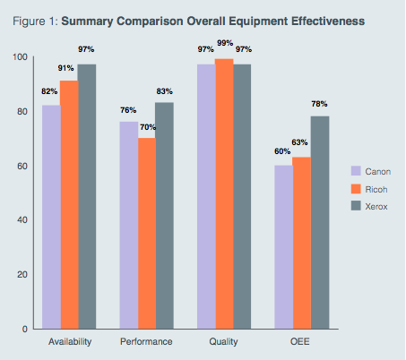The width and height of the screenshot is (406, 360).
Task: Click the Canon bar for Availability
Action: click(x=51, y=218)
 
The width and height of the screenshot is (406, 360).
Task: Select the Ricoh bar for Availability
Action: click(x=69, y=205)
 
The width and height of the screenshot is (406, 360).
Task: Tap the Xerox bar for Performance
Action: click(x=164, y=216)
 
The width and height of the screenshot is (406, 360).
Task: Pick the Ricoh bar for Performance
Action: click(x=146, y=234)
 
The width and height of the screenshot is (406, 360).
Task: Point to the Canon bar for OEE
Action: click(x=283, y=247)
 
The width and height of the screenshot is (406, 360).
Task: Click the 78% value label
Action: click(x=319, y=105)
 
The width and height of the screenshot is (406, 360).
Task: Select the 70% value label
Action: click(x=146, y=127)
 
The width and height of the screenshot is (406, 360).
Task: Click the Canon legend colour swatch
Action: click(x=355, y=170)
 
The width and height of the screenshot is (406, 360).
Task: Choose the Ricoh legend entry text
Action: click(x=377, y=188)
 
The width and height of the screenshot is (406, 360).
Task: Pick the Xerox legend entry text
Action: click(x=377, y=206)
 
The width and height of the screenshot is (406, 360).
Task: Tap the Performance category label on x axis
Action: click(x=146, y=342)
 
